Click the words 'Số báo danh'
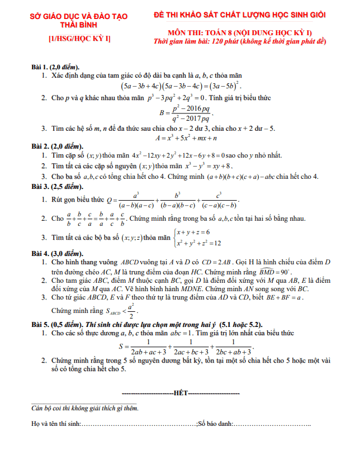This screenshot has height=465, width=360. (x=215, y=425)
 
